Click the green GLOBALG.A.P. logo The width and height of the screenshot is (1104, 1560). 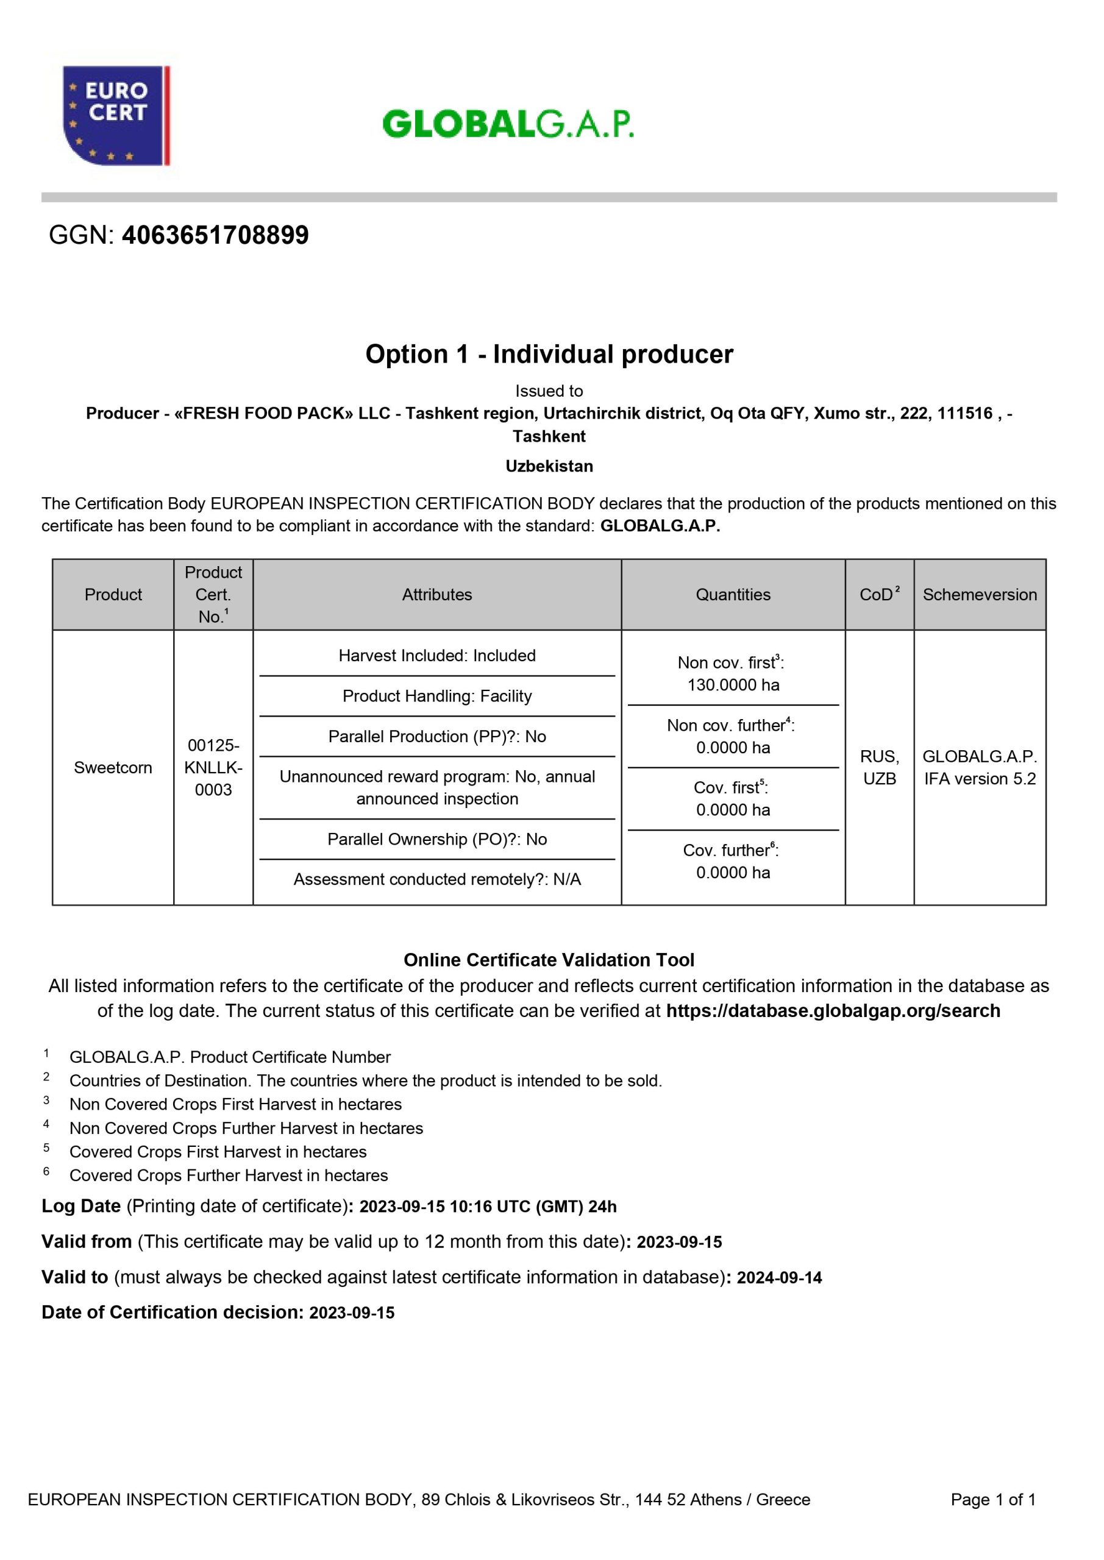click(x=508, y=124)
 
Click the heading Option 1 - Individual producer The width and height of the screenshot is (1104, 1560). click(x=549, y=354)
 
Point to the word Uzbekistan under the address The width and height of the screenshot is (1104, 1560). click(x=549, y=466)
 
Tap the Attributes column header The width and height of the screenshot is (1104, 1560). click(x=436, y=595)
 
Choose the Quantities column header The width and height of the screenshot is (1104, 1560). click(x=733, y=595)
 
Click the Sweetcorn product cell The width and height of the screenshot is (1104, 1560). click(x=113, y=768)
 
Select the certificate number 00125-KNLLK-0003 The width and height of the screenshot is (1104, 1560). click(x=213, y=768)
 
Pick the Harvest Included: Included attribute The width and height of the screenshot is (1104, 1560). click(x=437, y=656)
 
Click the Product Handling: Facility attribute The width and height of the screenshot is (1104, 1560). click(x=437, y=696)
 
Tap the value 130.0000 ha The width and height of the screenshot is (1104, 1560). click(x=733, y=685)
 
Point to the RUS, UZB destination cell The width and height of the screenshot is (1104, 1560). click(x=879, y=768)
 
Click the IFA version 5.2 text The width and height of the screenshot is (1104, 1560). click(x=980, y=779)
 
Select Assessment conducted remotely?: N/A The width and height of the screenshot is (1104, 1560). click(x=437, y=879)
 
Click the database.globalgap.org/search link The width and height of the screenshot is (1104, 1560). click(x=833, y=1010)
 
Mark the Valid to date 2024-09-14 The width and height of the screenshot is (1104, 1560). click(x=779, y=1278)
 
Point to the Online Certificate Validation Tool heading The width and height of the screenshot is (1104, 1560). click(x=549, y=960)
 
